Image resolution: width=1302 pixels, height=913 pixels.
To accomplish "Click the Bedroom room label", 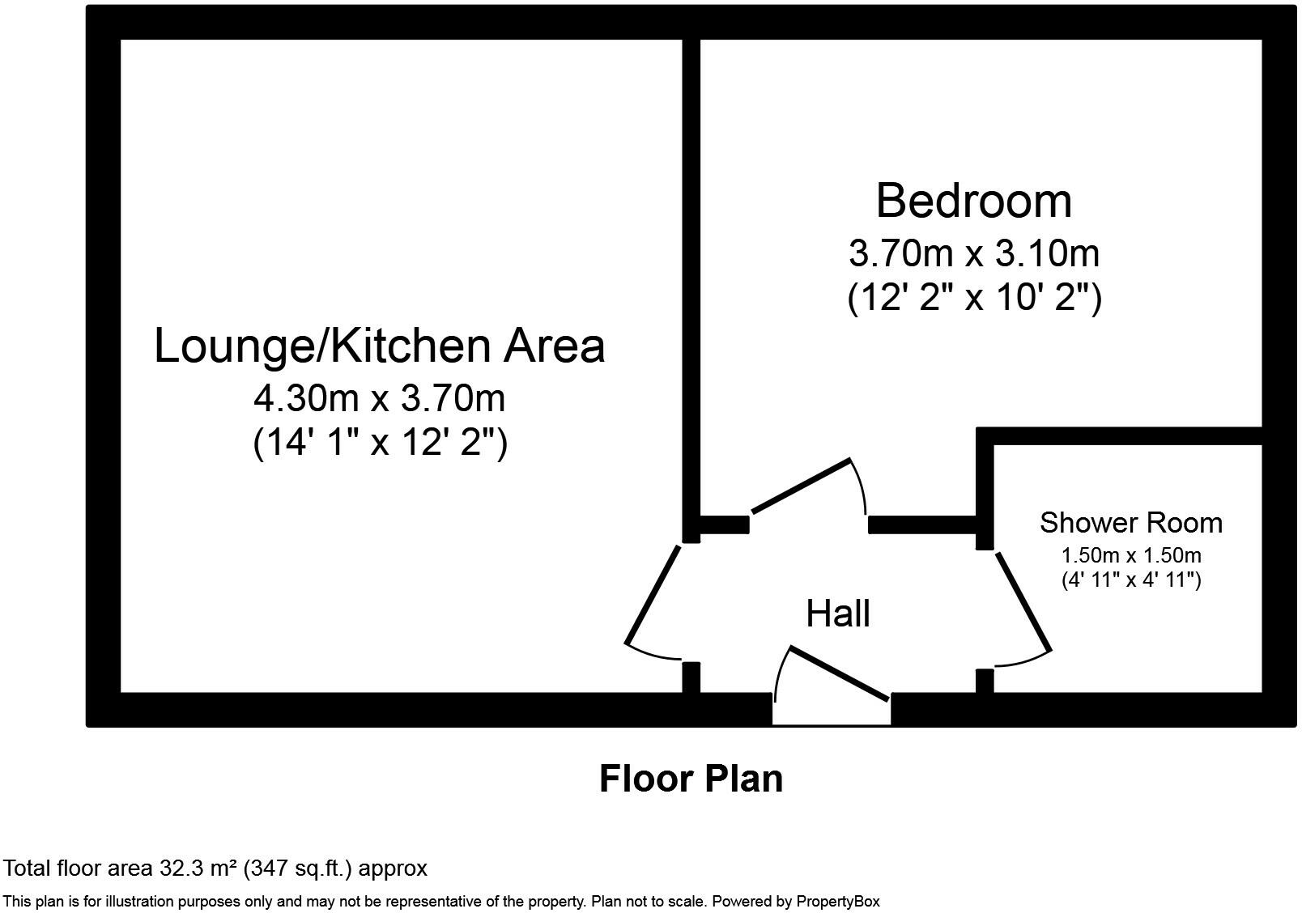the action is point(973,201).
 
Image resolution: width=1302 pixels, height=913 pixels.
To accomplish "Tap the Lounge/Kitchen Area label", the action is point(380,347).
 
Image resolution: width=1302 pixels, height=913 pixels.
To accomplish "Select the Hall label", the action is point(837,614).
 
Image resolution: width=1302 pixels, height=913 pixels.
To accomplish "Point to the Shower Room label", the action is point(1131,522).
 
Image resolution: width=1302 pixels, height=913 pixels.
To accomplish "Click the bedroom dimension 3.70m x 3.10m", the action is point(974,254).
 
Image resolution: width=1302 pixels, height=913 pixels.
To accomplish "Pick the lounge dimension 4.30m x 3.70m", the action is point(380,399).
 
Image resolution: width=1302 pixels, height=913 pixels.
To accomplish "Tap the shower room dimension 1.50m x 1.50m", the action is point(1131,555).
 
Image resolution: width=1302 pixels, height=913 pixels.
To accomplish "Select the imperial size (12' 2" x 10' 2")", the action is point(974,298).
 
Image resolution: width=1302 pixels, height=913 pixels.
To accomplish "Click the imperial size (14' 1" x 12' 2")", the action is point(380,443).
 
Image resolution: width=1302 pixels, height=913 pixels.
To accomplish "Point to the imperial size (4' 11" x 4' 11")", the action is point(1131,580).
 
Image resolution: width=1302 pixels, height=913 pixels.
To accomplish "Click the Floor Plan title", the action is point(691,779).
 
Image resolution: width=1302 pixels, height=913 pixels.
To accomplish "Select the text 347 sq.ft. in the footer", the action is point(302,868).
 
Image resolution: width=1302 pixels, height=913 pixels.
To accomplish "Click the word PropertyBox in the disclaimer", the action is point(837,902).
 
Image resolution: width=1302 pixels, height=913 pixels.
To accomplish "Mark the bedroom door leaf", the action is point(801,486).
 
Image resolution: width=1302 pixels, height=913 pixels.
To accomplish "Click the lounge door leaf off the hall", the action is point(652,595).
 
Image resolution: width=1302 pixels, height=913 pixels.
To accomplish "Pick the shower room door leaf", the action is point(1023,601).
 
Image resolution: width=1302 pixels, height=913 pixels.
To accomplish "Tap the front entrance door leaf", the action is point(840,673).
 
